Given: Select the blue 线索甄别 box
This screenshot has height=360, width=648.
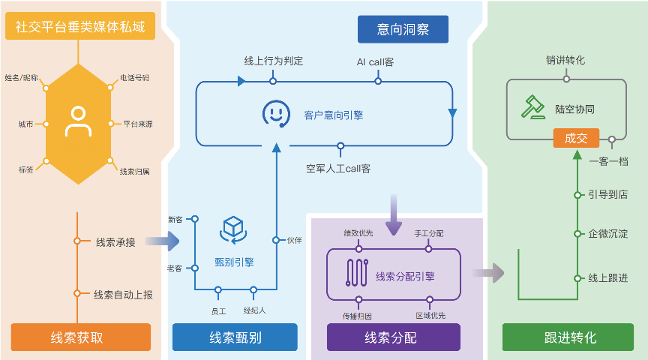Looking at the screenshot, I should tap(235, 337).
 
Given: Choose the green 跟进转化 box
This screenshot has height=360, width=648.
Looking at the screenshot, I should tap(570, 337).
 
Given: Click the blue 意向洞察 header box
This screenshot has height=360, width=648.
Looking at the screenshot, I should tap(403, 29).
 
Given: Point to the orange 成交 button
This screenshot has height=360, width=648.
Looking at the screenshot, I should tap(576, 138).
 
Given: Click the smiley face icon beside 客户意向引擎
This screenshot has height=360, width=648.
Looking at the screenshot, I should tap(275, 113).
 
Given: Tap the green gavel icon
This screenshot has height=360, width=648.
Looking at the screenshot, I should tap(533, 107).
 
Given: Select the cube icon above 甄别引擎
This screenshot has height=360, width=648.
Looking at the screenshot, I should tap(234, 228).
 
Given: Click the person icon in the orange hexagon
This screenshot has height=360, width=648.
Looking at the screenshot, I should tap(78, 121).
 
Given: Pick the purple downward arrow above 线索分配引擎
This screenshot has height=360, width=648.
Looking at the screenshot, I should tap(393, 214).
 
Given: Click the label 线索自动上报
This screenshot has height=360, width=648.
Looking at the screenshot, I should tap(123, 295).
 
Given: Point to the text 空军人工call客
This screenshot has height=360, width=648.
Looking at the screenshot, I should tap(338, 168).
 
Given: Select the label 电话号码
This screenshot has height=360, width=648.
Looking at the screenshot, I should tap(134, 77).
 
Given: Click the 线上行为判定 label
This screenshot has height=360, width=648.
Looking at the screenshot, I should tap(274, 61).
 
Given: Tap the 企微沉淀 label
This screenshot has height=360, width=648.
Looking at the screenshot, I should tap(607, 234).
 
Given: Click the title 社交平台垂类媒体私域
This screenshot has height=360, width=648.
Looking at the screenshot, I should tap(80, 28).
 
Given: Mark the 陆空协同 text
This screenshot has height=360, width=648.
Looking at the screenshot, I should tap(575, 108).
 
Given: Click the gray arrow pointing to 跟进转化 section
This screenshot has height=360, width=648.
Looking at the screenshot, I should tap(488, 272).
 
